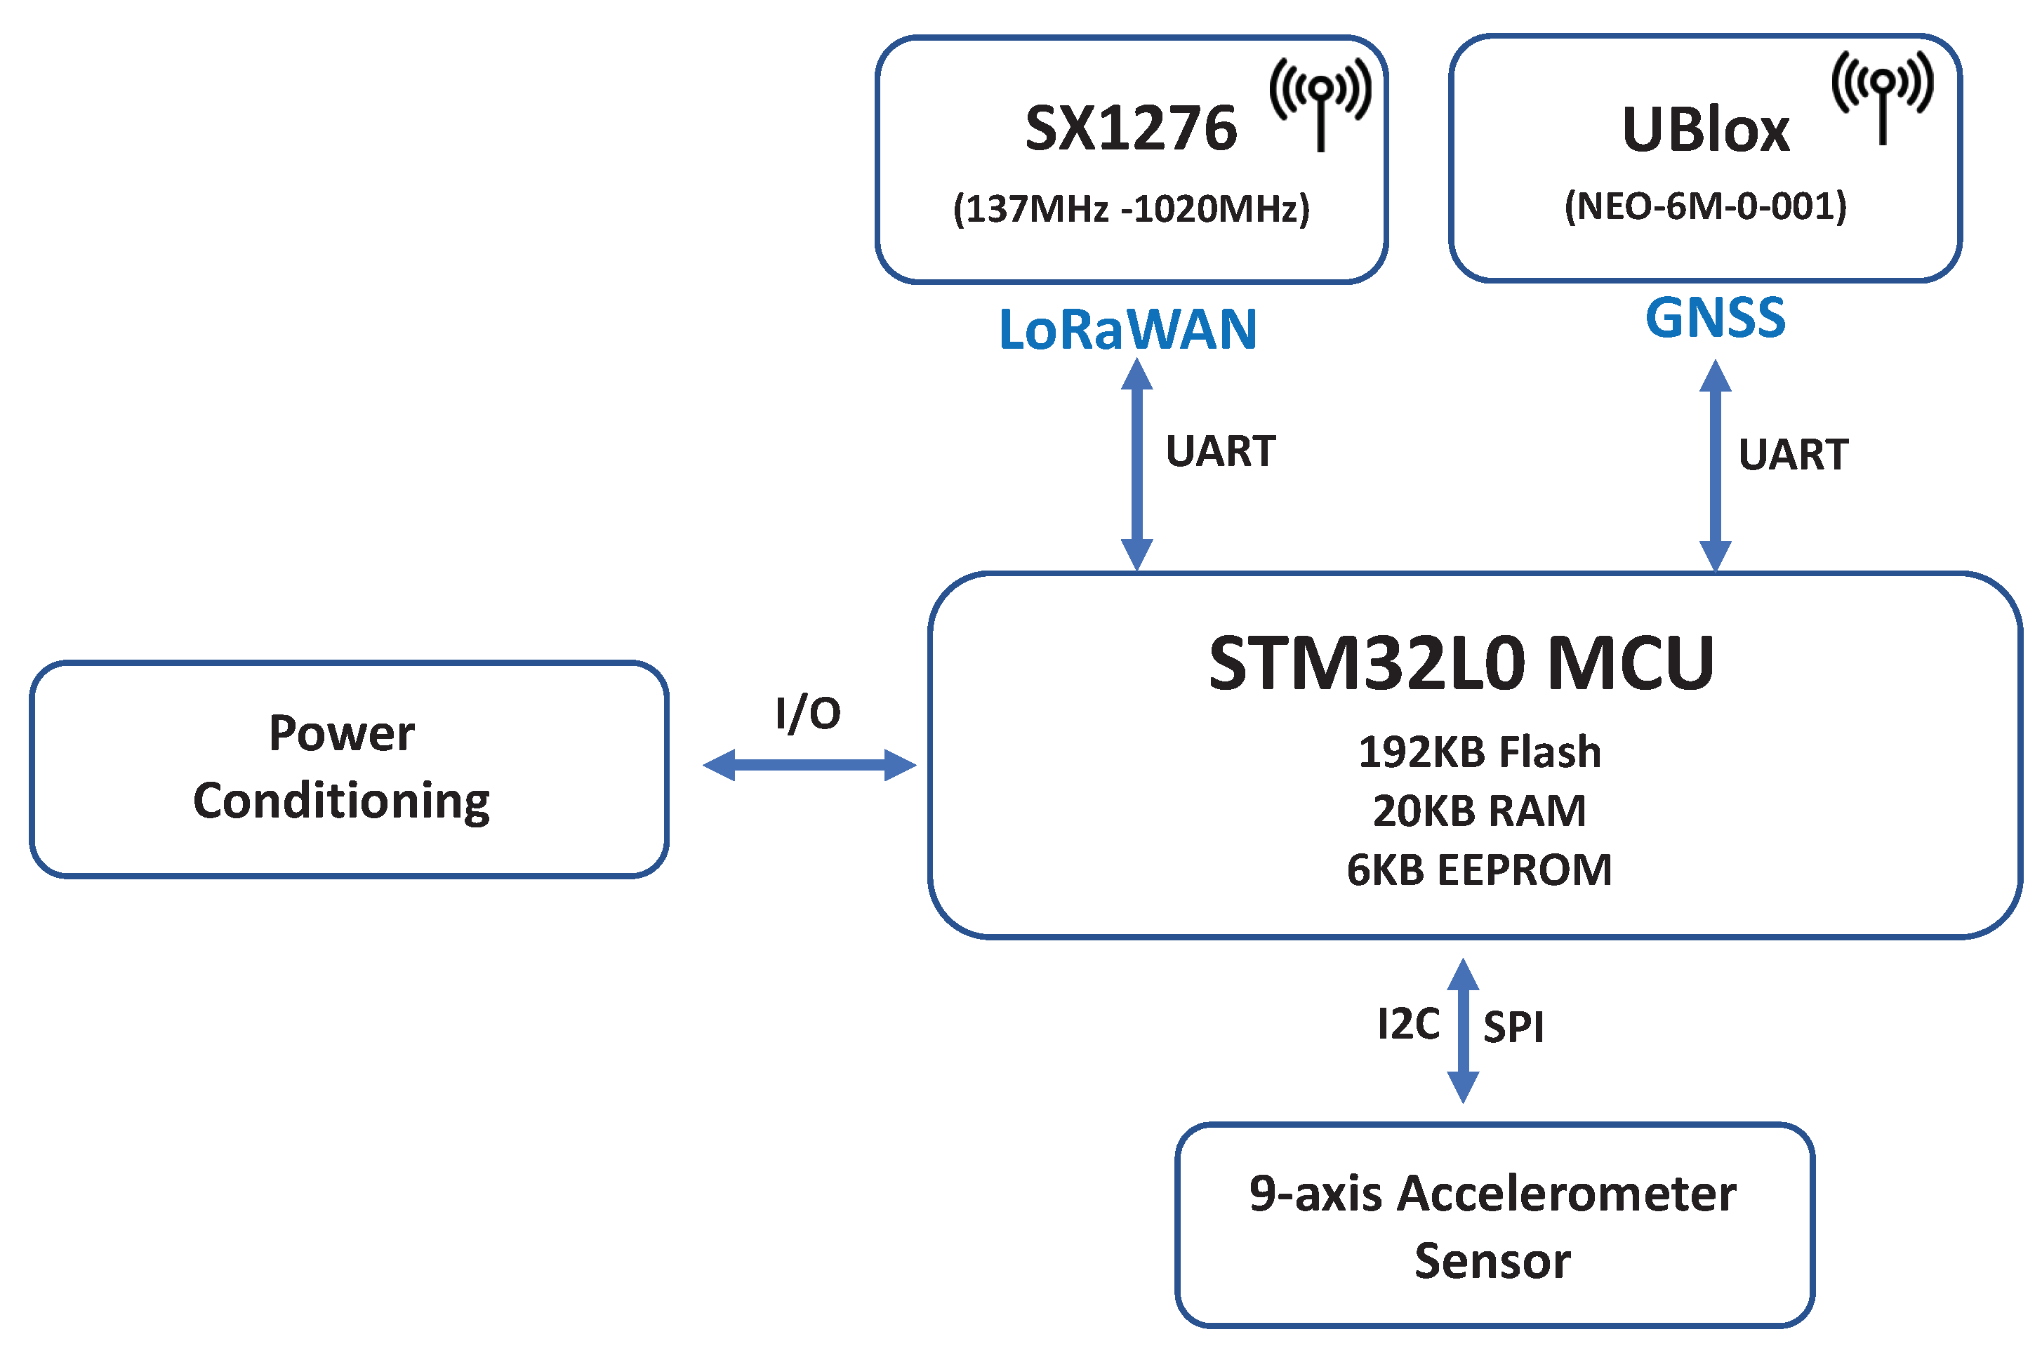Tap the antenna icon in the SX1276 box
click(1320, 102)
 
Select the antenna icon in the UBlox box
click(1883, 95)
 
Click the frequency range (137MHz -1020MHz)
click(1131, 209)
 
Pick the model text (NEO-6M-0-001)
click(1704, 206)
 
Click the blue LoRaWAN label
click(1127, 330)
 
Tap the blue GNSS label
click(1714, 317)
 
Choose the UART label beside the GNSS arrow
click(1793, 455)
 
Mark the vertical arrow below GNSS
click(1715, 466)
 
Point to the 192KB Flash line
click(1479, 752)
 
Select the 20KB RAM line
click(1479, 811)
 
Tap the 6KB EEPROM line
click(1479, 869)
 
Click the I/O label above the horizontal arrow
click(808, 714)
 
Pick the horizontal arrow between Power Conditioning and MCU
click(809, 764)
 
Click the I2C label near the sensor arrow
click(1407, 1025)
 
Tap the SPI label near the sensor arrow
click(1513, 1027)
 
